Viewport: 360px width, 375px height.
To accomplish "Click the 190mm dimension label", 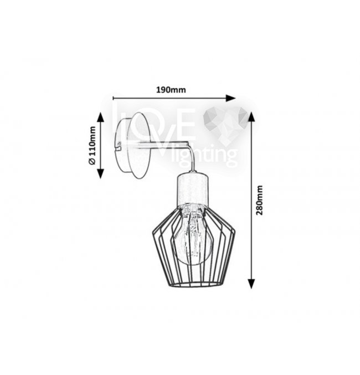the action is coord(171,90).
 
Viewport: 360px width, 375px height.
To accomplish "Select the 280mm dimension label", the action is coord(259,200).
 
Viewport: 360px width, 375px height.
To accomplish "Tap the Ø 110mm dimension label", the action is coord(92,145).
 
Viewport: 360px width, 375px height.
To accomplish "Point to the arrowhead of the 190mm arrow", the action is coord(231,98).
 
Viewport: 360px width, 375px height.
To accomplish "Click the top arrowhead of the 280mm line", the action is coord(251,117).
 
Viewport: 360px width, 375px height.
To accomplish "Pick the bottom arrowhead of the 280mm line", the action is coord(251,284).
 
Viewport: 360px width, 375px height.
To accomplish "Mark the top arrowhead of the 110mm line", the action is coord(100,117).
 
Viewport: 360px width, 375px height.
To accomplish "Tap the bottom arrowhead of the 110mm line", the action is coord(100,173).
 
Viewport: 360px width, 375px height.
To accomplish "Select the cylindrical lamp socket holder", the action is coord(192,188).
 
